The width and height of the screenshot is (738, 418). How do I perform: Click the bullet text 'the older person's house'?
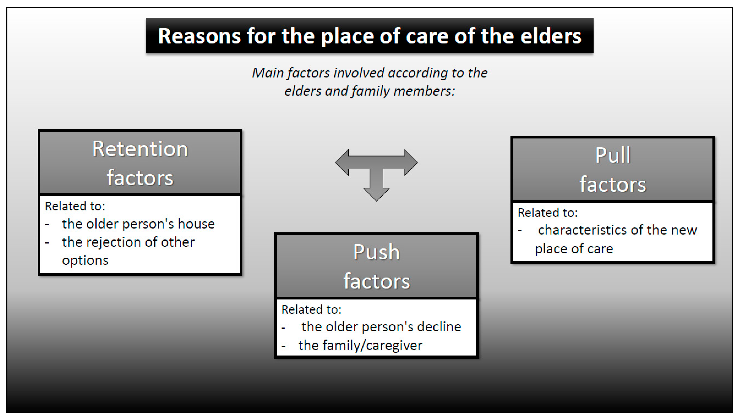click(x=138, y=224)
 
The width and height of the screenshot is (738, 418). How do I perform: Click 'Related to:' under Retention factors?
click(x=75, y=206)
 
